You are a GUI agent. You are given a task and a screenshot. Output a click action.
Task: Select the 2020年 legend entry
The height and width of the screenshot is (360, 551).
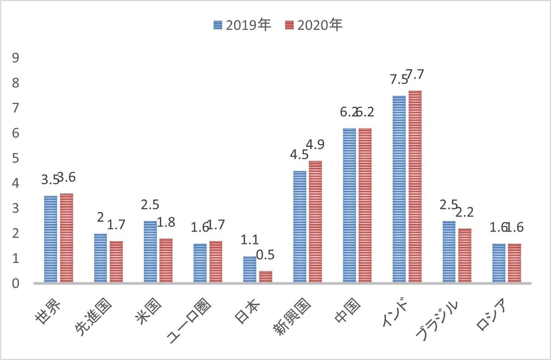[314, 26]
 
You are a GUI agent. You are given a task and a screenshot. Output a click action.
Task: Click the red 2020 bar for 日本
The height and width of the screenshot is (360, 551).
[265, 277]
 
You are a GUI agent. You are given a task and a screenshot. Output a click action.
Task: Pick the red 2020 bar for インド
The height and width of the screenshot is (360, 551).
[415, 187]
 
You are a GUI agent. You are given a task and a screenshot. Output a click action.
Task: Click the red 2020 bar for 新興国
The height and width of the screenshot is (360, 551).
[315, 222]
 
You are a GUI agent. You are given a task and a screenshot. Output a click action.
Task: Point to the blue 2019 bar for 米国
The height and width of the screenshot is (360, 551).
[150, 252]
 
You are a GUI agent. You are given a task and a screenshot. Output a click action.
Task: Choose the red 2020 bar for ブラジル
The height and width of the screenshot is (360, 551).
[465, 256]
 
